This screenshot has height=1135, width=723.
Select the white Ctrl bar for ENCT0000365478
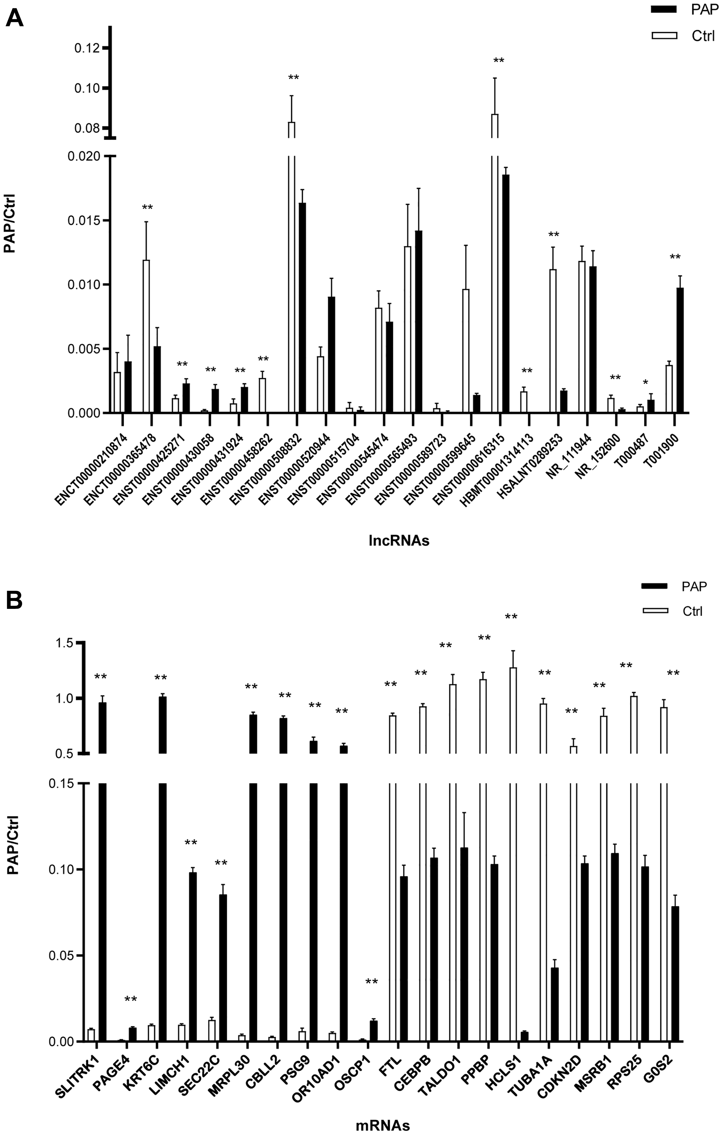pyautogui.click(x=146, y=336)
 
